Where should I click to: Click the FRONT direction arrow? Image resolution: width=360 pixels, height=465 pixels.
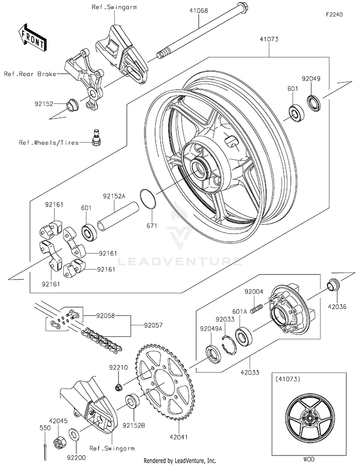[32, 37]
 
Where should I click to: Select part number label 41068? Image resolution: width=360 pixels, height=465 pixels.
[199, 11]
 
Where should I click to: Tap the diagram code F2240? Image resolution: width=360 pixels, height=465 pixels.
[334, 14]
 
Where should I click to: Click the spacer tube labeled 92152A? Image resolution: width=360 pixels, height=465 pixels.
[118, 218]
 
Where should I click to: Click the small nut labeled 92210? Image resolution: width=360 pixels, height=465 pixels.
[119, 387]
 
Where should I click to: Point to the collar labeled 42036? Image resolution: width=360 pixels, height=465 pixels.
[333, 285]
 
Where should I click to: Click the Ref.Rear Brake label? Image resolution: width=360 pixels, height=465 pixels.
[30, 74]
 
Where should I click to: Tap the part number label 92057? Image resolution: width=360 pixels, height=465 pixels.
[153, 325]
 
